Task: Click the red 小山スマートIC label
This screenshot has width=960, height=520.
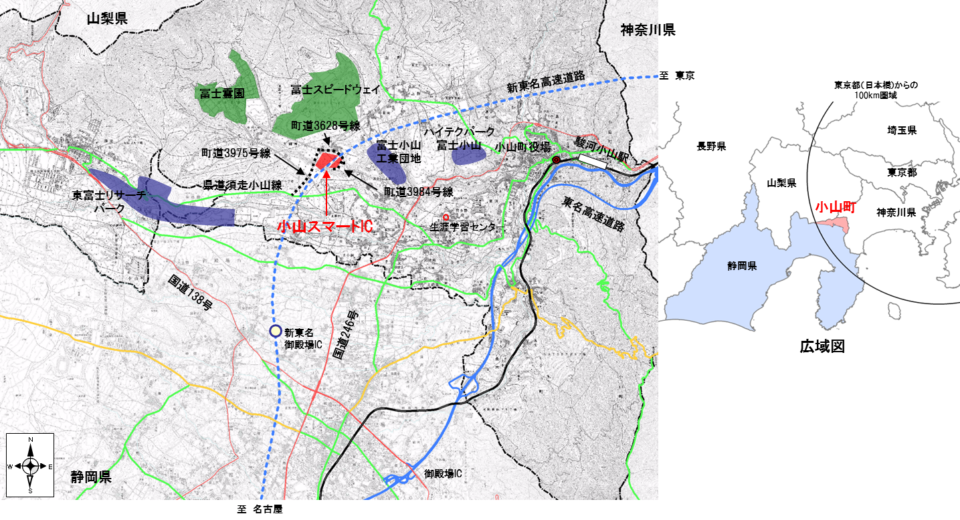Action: coord(324,227)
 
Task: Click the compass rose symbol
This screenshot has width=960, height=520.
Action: coord(30,466)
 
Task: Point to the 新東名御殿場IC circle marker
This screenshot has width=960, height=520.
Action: coord(274,330)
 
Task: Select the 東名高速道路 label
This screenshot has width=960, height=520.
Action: coord(593,215)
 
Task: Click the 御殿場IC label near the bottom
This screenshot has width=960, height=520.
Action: coord(442,473)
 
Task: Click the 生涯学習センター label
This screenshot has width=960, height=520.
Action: coord(467,227)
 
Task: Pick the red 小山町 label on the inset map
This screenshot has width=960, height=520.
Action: coord(835,207)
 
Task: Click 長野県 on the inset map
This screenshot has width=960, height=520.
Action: coord(711,146)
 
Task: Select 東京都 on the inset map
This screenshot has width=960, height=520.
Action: coord(902,172)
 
